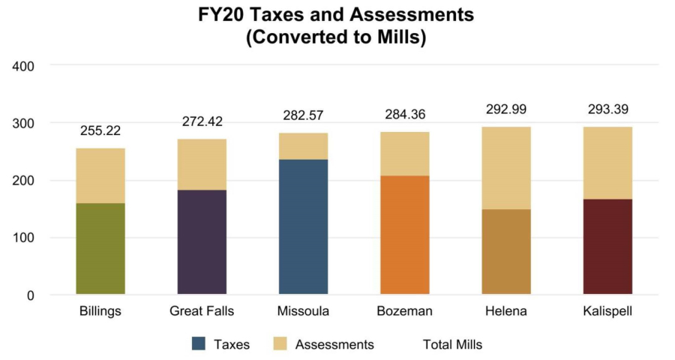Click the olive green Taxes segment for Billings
(x=100, y=248)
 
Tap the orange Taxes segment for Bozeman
(x=405, y=235)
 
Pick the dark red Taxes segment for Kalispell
(x=607, y=246)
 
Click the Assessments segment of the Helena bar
(x=506, y=168)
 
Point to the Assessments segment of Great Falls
(x=202, y=164)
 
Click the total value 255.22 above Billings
(x=100, y=131)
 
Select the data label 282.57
(x=303, y=115)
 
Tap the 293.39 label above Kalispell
(x=607, y=109)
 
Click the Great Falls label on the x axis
(x=202, y=310)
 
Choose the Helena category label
(x=506, y=310)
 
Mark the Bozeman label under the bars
(x=405, y=310)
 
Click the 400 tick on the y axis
(x=25, y=66)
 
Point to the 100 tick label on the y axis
(x=25, y=238)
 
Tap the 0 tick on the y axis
(x=30, y=295)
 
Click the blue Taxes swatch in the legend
(x=199, y=344)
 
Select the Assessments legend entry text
(x=334, y=344)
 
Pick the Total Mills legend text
(x=452, y=344)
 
